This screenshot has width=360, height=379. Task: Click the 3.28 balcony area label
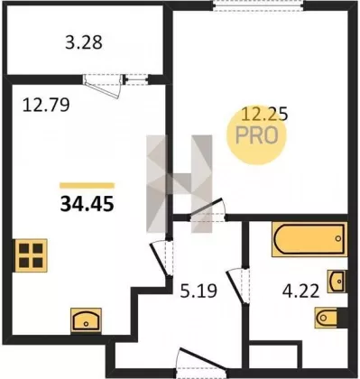pos(84,42)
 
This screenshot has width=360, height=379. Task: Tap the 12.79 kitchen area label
pos(46,106)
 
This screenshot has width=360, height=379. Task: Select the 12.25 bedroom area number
pos(265,115)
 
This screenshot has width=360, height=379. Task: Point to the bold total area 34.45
pos(88,204)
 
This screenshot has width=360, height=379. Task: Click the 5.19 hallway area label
pos(198,291)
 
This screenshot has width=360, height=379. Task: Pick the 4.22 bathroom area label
pos(301,291)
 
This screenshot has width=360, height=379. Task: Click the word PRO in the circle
pos(256,135)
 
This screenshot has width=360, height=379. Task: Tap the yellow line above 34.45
pos(88,186)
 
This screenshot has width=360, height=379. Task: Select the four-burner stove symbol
pos(31,255)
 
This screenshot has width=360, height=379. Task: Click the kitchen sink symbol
pos(86,320)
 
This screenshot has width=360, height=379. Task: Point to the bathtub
pos(309,239)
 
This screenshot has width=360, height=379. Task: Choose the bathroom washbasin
pos(337,282)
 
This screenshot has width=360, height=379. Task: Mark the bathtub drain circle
pos(338,238)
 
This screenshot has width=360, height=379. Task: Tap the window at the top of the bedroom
pos(258,6)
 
